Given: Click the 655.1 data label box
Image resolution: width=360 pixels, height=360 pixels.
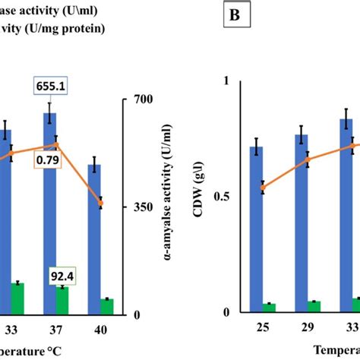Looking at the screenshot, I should pos(51,87).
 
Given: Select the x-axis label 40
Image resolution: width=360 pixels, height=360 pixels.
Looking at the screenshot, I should pos(94,330).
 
